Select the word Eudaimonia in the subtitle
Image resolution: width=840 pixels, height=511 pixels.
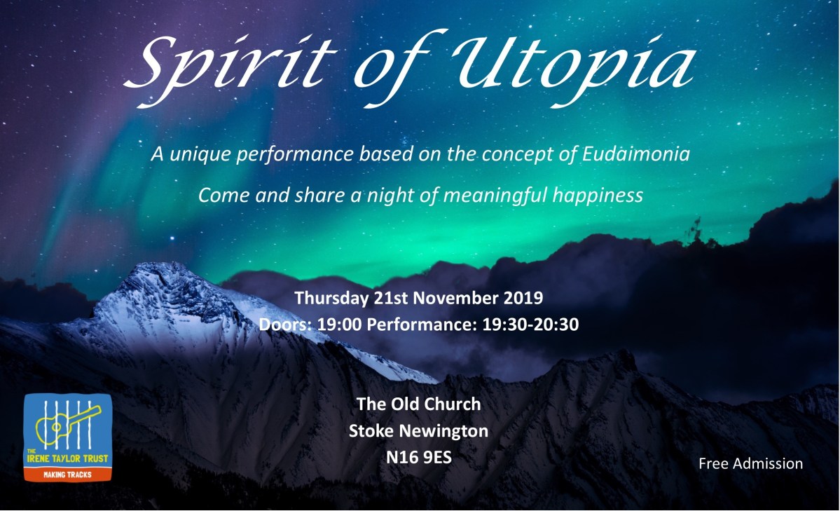pyautogui.click(x=636, y=154)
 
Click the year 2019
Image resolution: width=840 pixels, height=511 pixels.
pyautogui.click(x=523, y=298)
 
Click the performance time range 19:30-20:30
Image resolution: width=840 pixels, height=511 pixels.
pyautogui.click(x=530, y=325)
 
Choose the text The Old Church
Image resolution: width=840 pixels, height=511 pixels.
pyautogui.click(x=418, y=404)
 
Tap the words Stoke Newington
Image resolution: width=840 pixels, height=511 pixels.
pyautogui.click(x=418, y=430)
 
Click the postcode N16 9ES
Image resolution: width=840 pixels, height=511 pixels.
pyautogui.click(x=418, y=457)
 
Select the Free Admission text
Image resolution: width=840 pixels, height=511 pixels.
pyautogui.click(x=750, y=463)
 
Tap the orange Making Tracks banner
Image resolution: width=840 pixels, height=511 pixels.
pyautogui.click(x=67, y=475)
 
